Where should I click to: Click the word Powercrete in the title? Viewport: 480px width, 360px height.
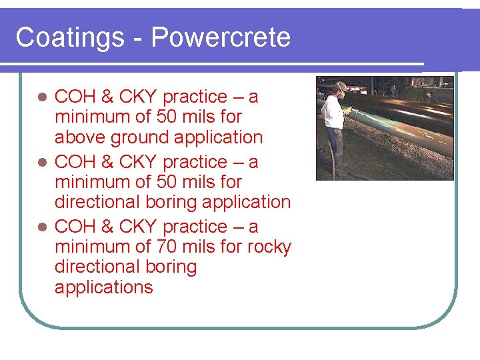point(221,37)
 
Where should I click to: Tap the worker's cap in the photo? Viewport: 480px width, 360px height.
point(341,86)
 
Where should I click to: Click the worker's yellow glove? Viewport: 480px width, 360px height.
point(347,111)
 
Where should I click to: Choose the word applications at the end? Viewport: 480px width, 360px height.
point(104,287)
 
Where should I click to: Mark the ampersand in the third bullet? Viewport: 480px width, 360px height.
point(107,227)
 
